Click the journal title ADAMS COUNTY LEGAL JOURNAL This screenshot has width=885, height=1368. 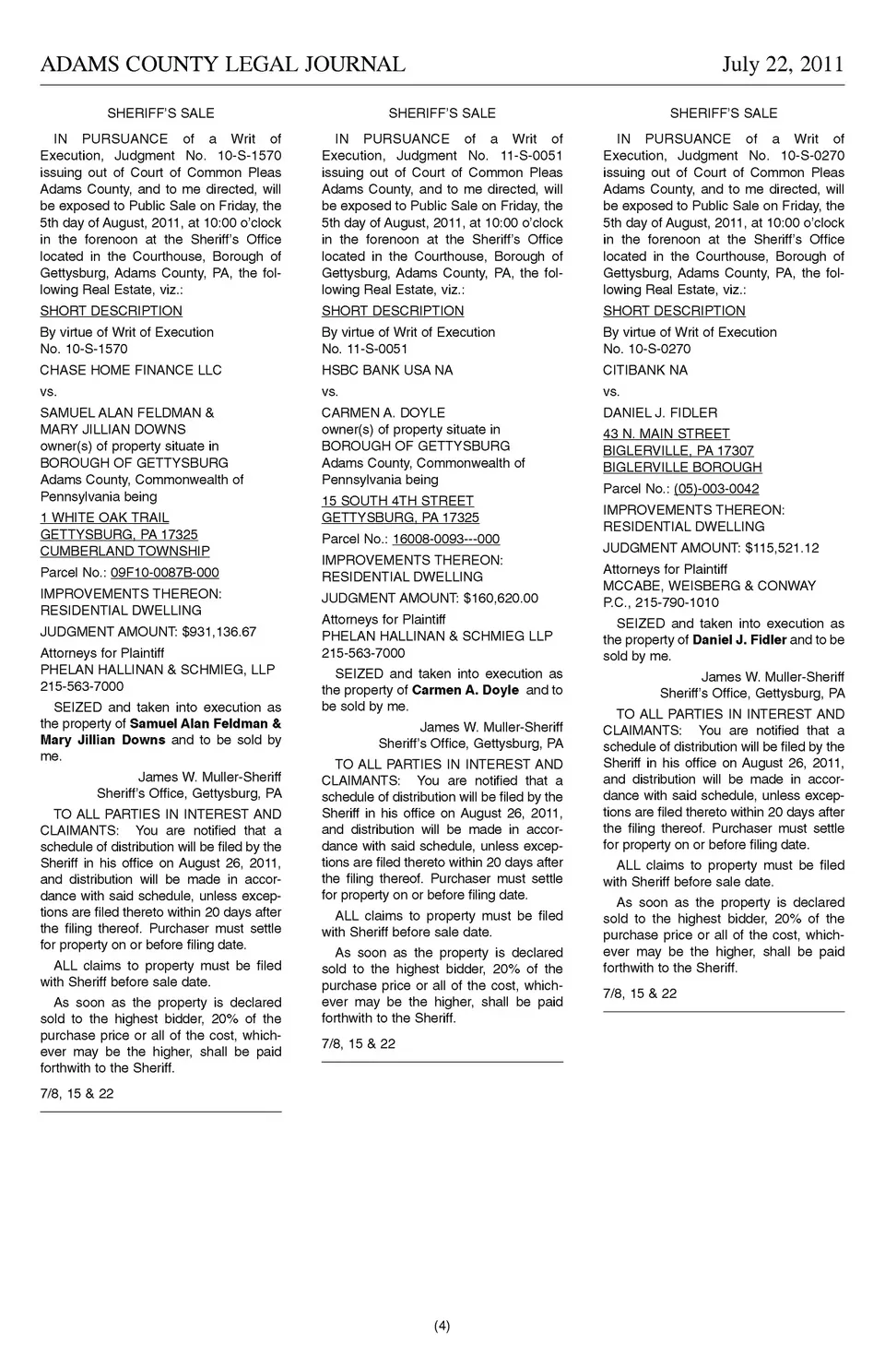point(222,64)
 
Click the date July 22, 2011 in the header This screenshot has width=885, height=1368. point(783,64)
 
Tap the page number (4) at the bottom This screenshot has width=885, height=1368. point(442,1326)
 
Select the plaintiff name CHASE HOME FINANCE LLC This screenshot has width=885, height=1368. point(131,370)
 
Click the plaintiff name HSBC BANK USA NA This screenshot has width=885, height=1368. point(387,370)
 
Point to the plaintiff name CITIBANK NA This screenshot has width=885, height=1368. point(645,370)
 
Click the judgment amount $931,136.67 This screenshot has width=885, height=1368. point(219,632)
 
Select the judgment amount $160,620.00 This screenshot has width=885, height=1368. point(501,598)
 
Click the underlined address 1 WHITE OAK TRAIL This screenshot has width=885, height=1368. point(104,517)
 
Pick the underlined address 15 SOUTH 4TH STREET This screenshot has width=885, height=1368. point(397,501)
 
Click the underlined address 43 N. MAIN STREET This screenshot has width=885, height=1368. point(667,434)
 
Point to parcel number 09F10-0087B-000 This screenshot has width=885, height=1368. point(165,573)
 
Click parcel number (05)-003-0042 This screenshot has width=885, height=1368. point(716,489)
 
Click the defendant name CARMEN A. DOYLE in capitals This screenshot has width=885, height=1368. point(383,412)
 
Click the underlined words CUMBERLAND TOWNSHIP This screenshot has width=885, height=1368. point(124,551)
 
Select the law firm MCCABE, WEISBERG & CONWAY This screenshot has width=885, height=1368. point(710,586)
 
